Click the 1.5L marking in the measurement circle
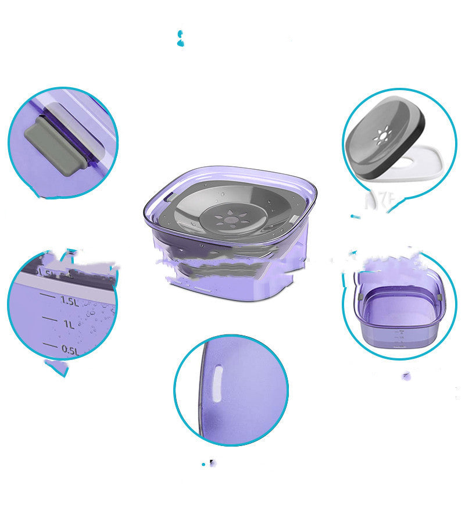(x=68, y=301)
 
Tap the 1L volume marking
(x=69, y=324)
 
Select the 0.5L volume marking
(x=69, y=350)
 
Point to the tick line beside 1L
(x=50, y=320)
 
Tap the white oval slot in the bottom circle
(x=216, y=384)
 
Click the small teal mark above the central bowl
(x=180, y=39)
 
